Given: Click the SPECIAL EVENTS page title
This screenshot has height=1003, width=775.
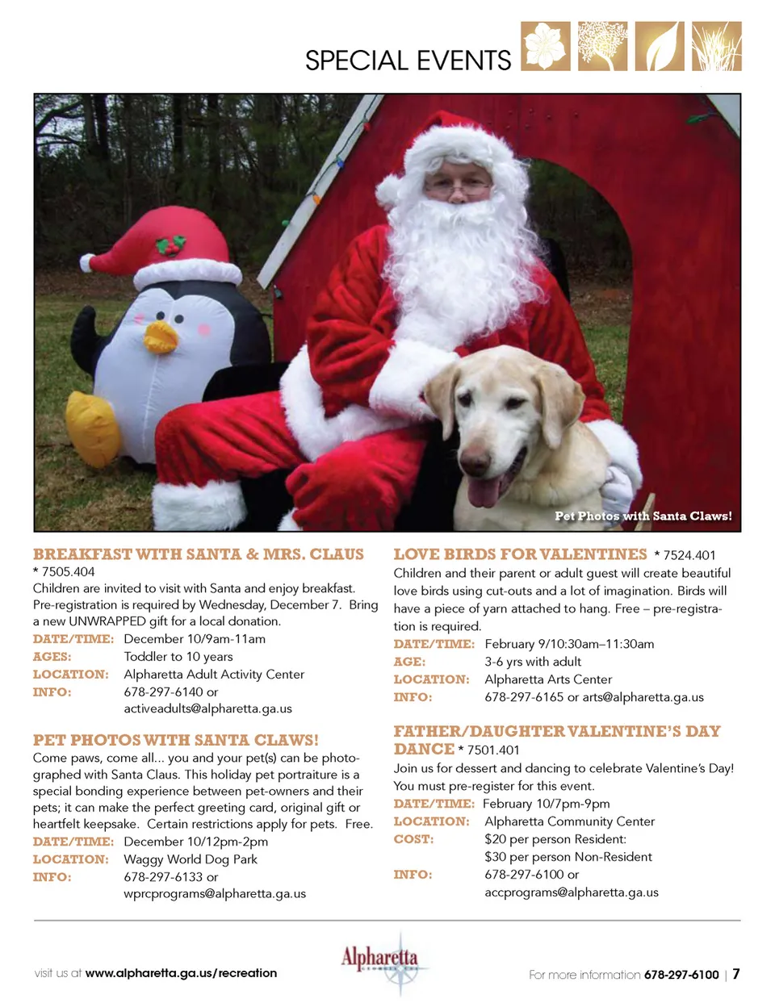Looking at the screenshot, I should [408, 61].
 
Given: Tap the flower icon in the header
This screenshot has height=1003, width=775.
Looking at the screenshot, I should [545, 46].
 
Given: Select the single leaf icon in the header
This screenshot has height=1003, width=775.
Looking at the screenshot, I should [660, 46].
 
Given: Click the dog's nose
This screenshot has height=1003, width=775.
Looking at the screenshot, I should [474, 462].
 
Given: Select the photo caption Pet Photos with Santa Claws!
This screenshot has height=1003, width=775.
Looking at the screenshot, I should [643, 516].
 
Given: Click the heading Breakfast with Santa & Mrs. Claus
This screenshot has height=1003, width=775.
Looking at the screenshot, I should [199, 554].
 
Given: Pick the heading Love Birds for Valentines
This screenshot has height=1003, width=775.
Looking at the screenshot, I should [520, 554].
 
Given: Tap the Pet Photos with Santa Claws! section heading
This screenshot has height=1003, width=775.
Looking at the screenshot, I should [176, 740].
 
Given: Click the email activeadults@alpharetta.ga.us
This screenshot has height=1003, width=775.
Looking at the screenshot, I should [207, 708].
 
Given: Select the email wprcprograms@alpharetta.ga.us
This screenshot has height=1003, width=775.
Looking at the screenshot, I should [215, 893].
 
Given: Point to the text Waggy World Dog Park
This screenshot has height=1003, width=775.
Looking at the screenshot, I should [191, 859].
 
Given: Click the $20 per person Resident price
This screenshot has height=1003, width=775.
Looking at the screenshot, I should [555, 839].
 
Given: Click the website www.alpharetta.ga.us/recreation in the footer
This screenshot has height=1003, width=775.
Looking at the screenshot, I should [181, 973].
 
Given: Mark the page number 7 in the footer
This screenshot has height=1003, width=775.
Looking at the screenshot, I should [735, 973].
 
